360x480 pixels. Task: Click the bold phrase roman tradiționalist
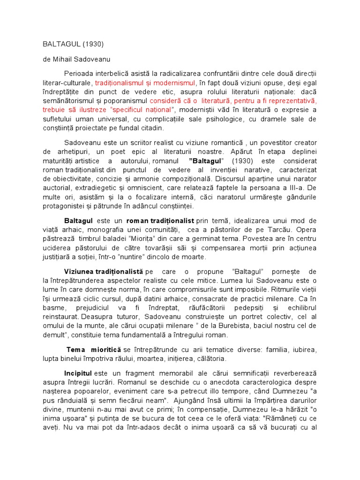click(160, 220)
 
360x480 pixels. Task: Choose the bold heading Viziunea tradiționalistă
click(103, 271)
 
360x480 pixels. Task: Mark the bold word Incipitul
click(78, 373)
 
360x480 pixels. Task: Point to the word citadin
click(151, 127)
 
